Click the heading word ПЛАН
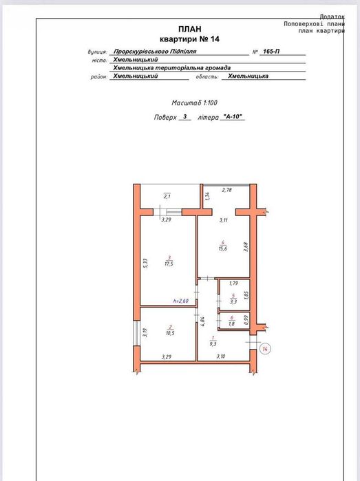pos(190,29)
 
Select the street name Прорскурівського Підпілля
pos(155,52)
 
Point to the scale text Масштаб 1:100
pos(194,103)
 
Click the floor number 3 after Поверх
pos(184,116)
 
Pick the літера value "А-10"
pos(233,116)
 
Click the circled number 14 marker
pos(265,349)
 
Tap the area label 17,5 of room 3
pos(169,264)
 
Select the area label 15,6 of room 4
pos(223,248)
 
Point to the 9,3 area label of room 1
pos(213,344)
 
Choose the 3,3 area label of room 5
pos(233,301)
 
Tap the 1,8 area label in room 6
pos(232,323)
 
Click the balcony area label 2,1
pos(167,197)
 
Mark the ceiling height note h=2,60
pos(181,301)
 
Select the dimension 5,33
pos(145,264)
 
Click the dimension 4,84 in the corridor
pos(202,321)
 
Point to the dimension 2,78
pos(226,190)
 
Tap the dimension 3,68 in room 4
pos(246,247)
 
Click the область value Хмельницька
pos(248,76)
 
